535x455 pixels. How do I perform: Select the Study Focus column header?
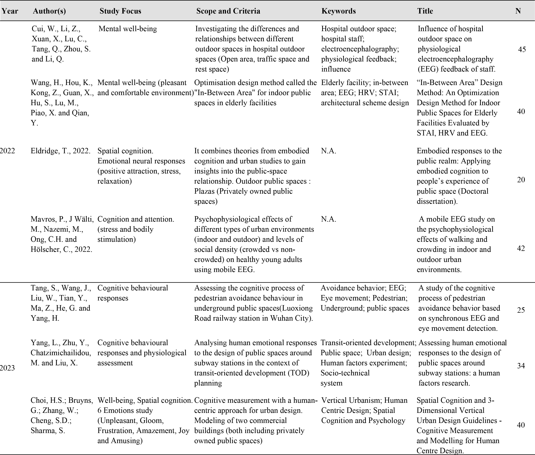[x=120, y=11]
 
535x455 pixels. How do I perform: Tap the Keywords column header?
[x=338, y=11]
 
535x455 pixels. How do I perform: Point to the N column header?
[x=518, y=11]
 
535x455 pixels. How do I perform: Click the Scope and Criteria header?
[x=228, y=11]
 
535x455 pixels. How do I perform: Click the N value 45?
[x=522, y=50]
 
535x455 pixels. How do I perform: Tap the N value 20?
[x=521, y=180]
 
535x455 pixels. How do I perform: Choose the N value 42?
[x=521, y=248]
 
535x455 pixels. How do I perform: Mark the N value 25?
[x=521, y=310]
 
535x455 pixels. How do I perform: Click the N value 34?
[x=521, y=366]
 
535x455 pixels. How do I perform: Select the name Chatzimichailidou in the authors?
[x=61, y=353]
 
